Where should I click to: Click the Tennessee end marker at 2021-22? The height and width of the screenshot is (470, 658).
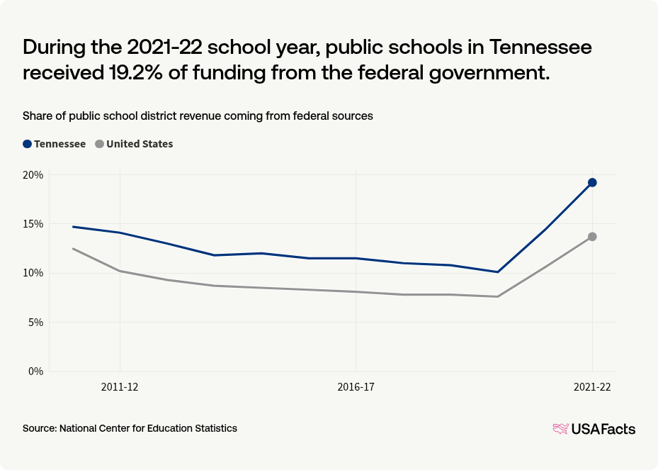click(592, 182)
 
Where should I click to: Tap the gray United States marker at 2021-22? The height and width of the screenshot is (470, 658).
click(592, 236)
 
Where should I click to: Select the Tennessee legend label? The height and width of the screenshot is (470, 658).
click(60, 144)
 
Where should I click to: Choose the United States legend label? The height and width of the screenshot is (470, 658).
click(140, 144)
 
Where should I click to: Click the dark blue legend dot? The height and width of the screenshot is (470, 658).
click(28, 144)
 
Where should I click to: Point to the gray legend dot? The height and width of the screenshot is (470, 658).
click(100, 144)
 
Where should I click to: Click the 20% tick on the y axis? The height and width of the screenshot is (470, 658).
click(33, 175)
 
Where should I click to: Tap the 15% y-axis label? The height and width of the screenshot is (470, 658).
click(33, 224)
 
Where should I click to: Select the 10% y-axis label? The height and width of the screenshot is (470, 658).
click(33, 273)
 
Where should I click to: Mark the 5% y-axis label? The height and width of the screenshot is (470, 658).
click(35, 322)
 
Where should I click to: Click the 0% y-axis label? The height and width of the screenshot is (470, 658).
click(35, 371)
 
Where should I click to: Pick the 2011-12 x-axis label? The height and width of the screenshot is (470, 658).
click(120, 387)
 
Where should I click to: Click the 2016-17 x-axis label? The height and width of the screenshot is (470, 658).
click(356, 387)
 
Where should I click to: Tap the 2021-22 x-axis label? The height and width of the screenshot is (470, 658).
click(591, 387)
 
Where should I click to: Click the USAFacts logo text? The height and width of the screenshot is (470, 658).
click(603, 429)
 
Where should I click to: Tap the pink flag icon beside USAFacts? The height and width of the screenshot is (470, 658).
click(560, 429)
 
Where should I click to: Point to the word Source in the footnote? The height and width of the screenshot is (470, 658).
click(39, 428)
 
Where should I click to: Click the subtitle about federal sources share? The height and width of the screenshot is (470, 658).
click(198, 116)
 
